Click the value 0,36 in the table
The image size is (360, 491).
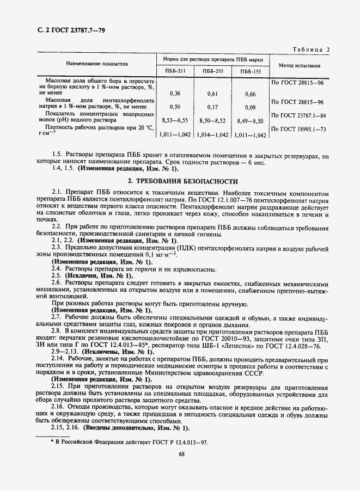tap(175, 94)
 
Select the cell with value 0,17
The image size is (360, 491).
tap(213, 107)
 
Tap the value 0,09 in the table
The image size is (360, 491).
tap(250, 107)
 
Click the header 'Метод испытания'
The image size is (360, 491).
tap(298, 65)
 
